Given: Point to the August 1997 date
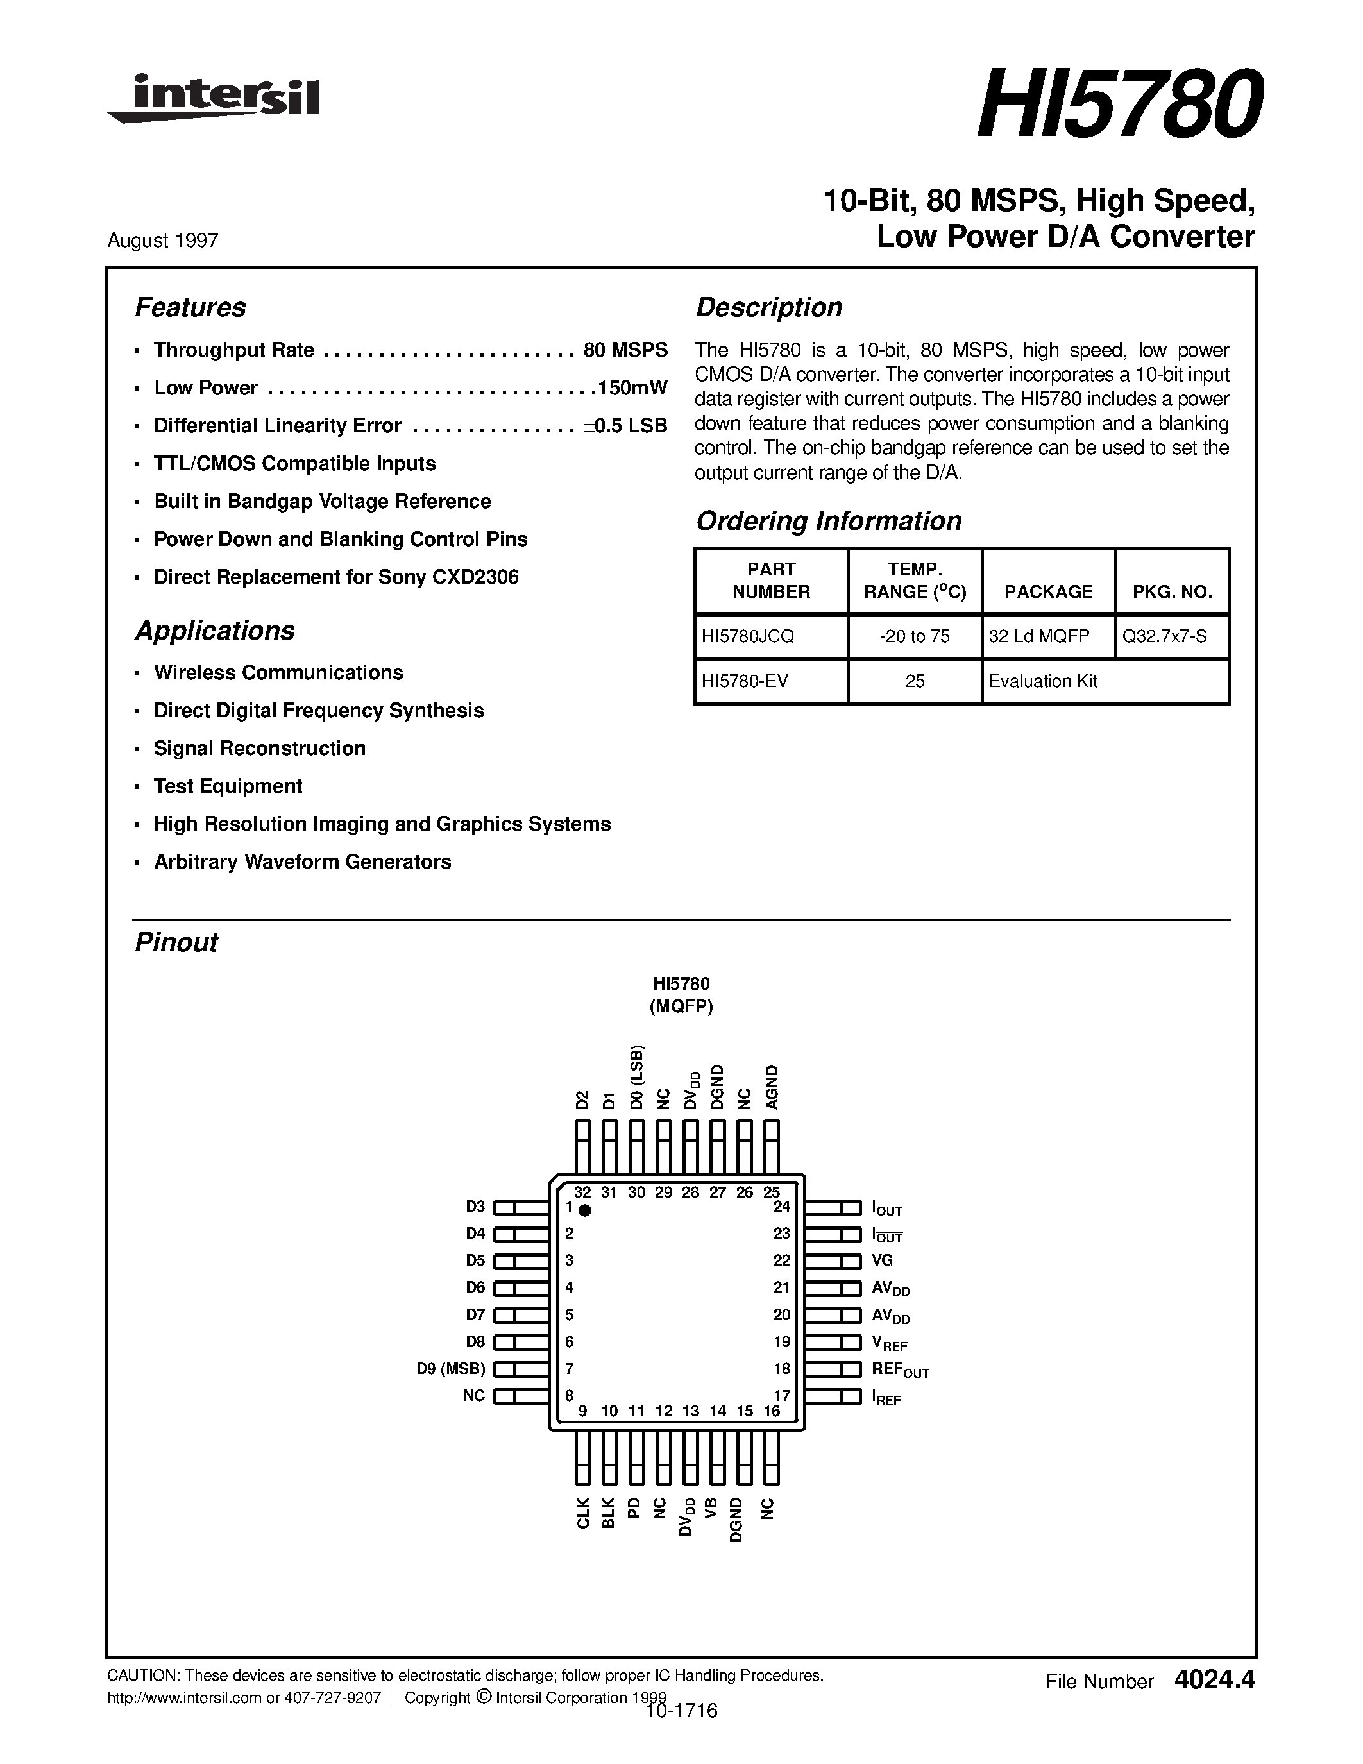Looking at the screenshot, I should coord(162,241).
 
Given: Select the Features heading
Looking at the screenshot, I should coord(190,308).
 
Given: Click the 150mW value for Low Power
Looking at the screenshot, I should coord(632,387).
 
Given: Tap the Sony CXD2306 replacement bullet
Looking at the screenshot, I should coord(336,577).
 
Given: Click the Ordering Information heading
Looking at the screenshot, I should coord(829,521).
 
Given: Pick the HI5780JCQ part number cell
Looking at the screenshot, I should coord(748,636).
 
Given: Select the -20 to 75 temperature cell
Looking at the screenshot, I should coord(914,636).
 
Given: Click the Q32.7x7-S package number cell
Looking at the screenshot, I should coord(1164,636).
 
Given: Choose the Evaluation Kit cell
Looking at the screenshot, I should coord(1042,681).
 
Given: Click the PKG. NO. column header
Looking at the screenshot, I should coord(1172,592).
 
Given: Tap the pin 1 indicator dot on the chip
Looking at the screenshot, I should coord(586,1210).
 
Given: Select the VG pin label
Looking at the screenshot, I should coord(882,1260).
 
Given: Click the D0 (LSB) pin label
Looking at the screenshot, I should coord(636,1078).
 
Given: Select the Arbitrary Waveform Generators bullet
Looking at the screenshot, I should coord(302,862).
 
